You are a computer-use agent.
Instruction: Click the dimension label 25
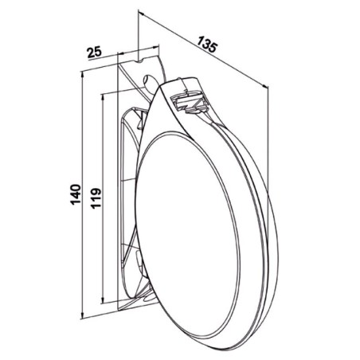(95, 52)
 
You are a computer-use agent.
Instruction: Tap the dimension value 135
(207, 45)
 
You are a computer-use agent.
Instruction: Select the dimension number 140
(76, 194)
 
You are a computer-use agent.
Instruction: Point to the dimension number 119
(96, 198)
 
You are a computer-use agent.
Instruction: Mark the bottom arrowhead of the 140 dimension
(83, 315)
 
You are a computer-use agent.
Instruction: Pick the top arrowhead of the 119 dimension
(103, 97)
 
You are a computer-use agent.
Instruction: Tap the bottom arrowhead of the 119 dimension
(103, 299)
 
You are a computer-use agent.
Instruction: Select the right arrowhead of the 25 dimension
(157, 48)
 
